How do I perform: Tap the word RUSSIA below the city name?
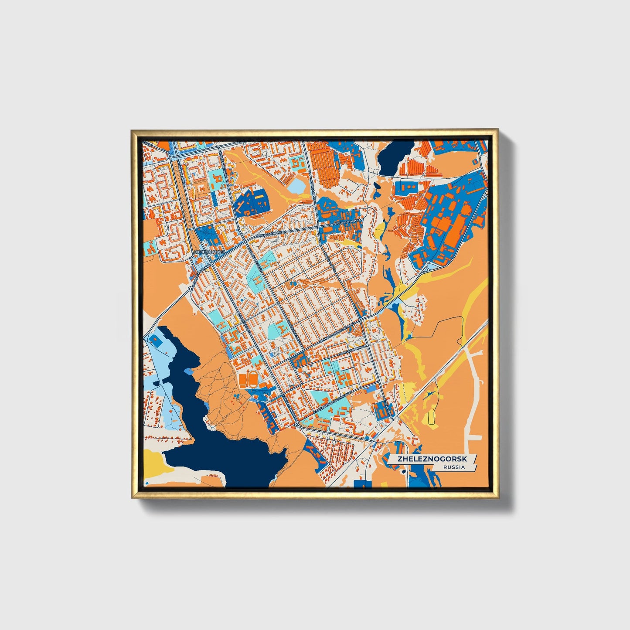point(453,467)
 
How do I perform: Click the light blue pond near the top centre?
point(297,187)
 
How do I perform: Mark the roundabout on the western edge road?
point(191,289)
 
